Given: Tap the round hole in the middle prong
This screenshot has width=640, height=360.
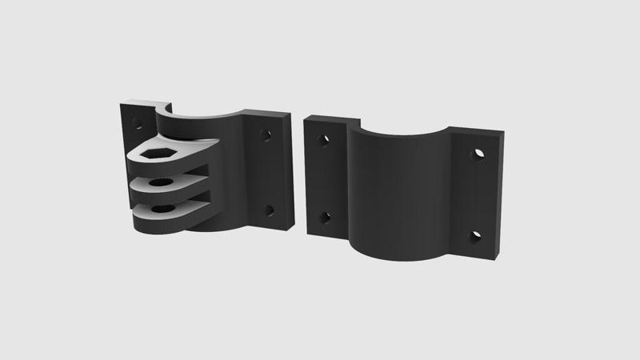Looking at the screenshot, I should (x=161, y=182).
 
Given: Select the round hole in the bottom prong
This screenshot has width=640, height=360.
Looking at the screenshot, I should (x=162, y=209).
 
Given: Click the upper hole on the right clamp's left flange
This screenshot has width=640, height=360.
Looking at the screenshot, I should (x=324, y=141).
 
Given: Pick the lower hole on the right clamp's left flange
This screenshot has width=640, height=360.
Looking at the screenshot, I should (x=325, y=217).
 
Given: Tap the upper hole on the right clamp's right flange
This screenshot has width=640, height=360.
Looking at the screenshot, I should (x=478, y=153).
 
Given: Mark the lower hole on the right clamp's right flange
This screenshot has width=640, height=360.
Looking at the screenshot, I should (x=475, y=236).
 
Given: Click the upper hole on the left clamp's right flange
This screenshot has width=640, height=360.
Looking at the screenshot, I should (x=266, y=134).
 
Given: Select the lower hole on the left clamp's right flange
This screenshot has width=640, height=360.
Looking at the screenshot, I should (x=269, y=211).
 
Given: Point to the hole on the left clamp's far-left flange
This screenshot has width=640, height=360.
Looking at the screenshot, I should (x=137, y=124).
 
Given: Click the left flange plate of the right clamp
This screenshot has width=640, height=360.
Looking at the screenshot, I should (x=324, y=180).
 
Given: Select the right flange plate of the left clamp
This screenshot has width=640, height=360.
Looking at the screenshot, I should (x=268, y=172).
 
